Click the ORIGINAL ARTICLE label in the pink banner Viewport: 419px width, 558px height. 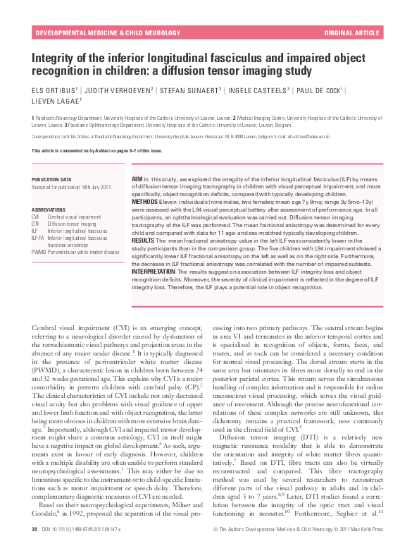(351, 33)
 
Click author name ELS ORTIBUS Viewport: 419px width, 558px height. (54, 90)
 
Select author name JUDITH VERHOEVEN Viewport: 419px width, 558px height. (115, 90)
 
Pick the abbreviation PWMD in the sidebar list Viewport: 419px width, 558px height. (39, 251)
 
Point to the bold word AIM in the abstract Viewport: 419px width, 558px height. (137, 181)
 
